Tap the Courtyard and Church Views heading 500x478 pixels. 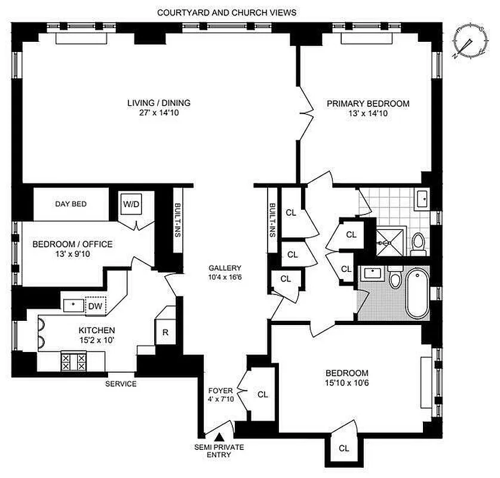coord(226,12)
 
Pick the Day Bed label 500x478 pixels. coord(71,204)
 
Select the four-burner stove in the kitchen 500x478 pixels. coord(73,360)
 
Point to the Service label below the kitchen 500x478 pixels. coord(121,384)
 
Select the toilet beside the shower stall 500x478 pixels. coord(418,243)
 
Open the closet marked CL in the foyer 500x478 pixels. coord(263,394)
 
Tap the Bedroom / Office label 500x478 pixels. coord(72,249)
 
